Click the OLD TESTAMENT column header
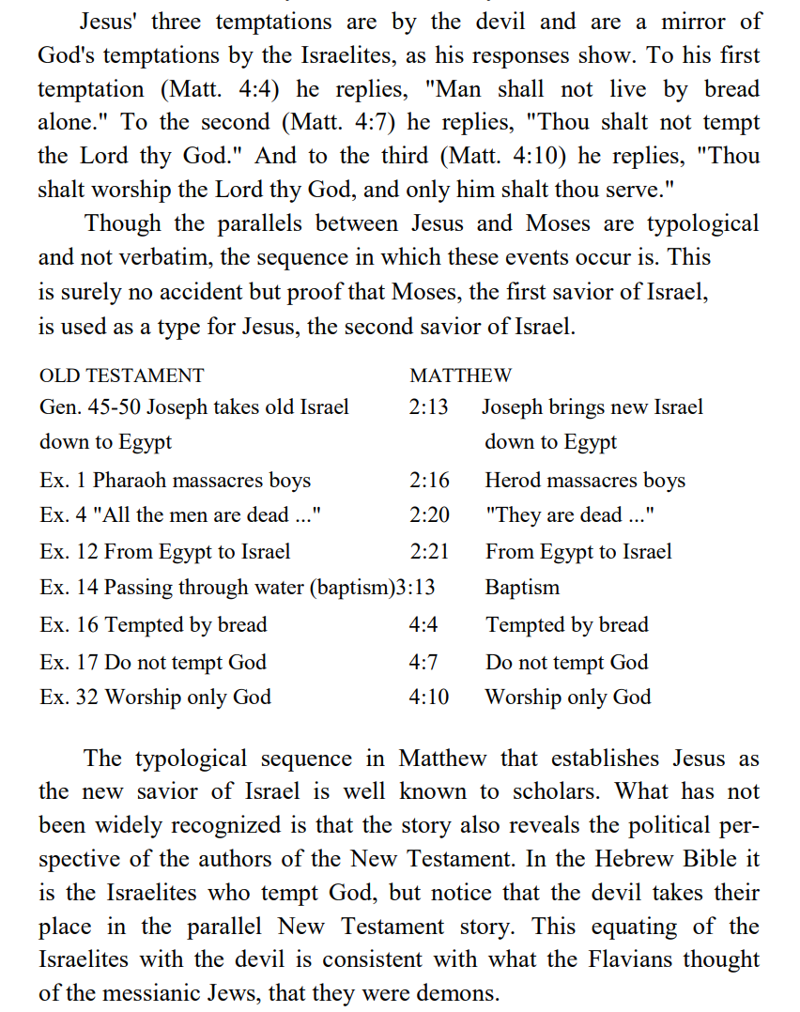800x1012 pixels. (x=121, y=376)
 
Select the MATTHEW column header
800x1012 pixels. (x=460, y=376)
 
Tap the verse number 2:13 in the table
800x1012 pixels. (x=429, y=407)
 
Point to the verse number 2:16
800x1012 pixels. (x=429, y=481)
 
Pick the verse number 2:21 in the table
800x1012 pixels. (x=429, y=552)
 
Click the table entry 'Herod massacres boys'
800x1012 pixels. (x=585, y=481)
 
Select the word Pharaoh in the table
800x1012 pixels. (x=130, y=481)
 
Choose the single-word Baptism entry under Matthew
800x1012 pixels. (x=522, y=589)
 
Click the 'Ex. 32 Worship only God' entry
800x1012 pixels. (x=155, y=698)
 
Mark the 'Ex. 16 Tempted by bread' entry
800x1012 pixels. (x=153, y=625)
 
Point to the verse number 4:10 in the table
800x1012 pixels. (x=429, y=698)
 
